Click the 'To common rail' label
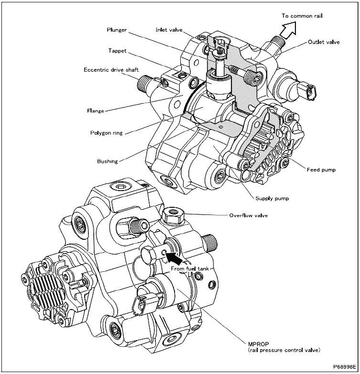pos(302,16)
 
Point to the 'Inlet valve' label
pos(168,30)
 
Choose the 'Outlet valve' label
pos(324,42)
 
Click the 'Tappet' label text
pos(117,50)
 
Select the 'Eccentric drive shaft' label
pos(111,70)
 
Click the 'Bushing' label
pos(107,161)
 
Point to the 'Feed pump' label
pos(321,170)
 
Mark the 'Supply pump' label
pos(272,198)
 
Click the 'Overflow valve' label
pos(248,215)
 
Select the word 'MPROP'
pos(258,343)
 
